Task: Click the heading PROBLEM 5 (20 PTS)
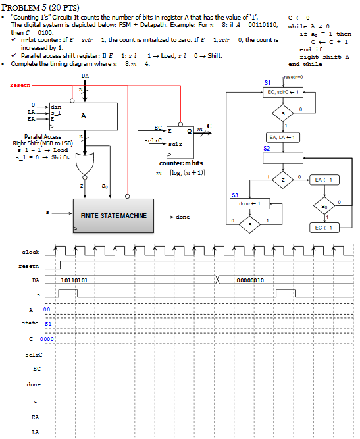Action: coord(39,6)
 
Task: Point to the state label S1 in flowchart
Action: coord(267,83)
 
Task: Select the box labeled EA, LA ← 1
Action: coord(282,136)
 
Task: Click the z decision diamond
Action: coord(282,178)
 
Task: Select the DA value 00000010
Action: coord(251,280)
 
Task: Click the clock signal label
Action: coord(30,253)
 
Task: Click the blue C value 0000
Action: coord(46,338)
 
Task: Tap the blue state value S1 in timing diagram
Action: coord(47,324)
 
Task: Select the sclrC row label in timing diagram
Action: coord(31,355)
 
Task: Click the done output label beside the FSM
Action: coord(182,216)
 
